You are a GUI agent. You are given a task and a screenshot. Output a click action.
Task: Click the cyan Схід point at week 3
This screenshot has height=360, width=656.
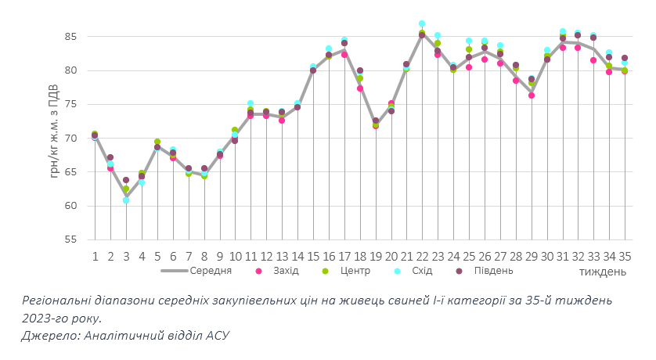click(126, 200)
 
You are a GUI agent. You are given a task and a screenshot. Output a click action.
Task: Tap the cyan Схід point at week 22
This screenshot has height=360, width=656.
click(422, 23)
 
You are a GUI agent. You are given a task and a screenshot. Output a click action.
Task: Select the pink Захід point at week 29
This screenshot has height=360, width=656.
click(531, 95)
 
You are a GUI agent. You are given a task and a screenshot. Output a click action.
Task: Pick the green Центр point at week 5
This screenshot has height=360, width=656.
click(157, 142)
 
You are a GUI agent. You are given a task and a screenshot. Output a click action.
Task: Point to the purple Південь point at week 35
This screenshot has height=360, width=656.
click(625, 58)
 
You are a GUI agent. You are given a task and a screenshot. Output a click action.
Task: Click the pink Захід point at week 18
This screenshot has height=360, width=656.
click(359, 88)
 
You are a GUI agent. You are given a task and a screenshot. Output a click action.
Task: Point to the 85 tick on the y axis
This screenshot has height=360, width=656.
click(70, 37)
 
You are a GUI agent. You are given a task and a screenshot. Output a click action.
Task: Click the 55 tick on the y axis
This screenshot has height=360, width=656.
click(70, 239)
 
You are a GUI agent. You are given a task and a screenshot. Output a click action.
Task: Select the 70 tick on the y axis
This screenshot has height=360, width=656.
click(70, 139)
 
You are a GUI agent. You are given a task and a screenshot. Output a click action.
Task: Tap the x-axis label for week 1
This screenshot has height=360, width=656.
click(95, 256)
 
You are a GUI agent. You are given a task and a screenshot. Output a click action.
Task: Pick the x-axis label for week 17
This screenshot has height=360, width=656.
click(344, 256)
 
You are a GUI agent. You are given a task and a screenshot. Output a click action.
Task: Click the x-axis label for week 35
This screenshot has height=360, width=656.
click(625, 256)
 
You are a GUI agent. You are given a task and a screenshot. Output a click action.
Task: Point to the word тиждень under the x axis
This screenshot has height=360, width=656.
click(603, 272)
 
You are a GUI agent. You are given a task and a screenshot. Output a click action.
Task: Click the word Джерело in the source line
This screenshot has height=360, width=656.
click(48, 335)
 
